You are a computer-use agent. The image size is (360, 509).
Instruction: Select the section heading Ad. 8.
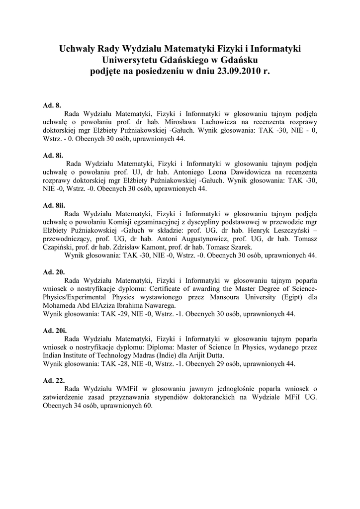pos(52,105)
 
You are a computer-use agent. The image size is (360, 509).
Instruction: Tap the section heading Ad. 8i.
pos(53,155)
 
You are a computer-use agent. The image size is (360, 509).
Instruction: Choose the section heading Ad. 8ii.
pos(54,205)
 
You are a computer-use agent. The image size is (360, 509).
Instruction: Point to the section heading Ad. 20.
pos(54,272)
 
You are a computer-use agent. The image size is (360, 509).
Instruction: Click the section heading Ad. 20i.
pos(55,330)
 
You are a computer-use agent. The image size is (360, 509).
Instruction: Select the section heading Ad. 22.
pos(54,380)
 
